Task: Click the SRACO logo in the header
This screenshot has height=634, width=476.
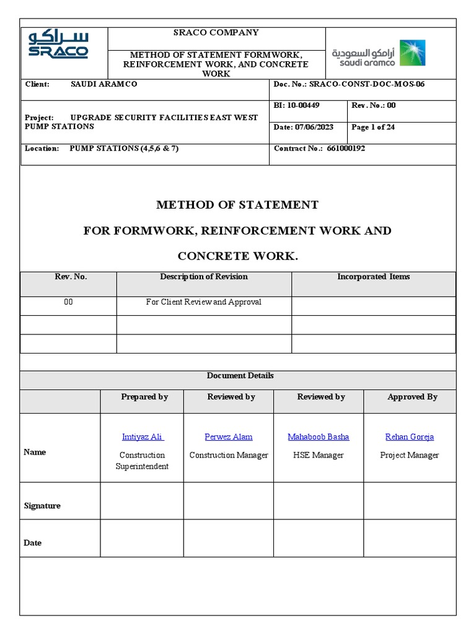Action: pos(59,45)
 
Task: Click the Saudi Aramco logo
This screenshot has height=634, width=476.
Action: pos(379,53)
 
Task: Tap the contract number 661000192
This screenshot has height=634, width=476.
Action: pos(346,149)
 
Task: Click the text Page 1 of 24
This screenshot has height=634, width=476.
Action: pos(373,127)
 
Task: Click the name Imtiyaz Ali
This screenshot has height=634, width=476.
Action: pos(143,437)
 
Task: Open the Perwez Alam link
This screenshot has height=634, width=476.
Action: pos(229,437)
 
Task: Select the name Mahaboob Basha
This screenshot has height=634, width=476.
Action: pos(318,437)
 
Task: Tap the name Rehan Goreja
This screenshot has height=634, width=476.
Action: pos(409,437)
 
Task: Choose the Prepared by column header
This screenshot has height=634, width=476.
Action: pos(144,397)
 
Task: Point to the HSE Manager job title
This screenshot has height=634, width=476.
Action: pos(318,455)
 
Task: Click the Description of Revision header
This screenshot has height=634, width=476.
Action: pos(204,277)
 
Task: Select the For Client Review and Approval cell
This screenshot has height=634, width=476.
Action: pos(204,302)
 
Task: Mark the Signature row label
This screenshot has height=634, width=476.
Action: pos(42,506)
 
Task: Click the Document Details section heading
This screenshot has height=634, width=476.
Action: pos(240,376)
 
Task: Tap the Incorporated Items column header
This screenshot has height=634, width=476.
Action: pos(373,277)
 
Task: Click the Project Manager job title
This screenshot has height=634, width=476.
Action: pos(409,455)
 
